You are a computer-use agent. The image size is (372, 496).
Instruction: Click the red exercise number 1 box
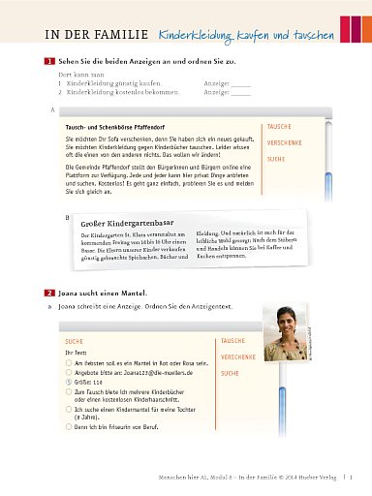(49, 62)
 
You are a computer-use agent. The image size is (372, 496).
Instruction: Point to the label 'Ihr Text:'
(75, 353)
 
